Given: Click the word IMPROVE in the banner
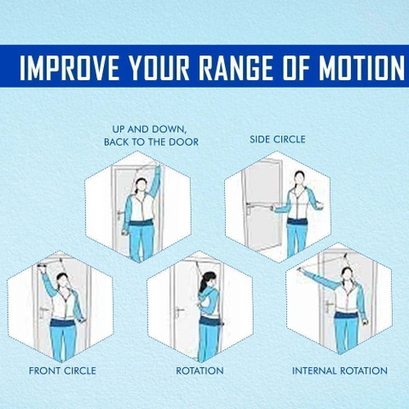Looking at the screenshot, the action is coord(70,67).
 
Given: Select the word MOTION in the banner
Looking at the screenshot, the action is coord(361,67).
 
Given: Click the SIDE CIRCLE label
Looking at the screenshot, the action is coord(278,139).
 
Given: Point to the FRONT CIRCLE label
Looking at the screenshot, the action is coord(62,371).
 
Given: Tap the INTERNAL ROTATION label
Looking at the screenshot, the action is coord(340,371).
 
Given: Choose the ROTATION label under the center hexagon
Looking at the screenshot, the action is coord(199,371).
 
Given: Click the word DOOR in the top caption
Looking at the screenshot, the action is coord(184,141).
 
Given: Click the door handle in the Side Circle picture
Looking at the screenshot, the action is coord(249,207).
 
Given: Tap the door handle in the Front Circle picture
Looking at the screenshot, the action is coord(43,311).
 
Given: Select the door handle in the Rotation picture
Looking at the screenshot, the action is coord(179,311).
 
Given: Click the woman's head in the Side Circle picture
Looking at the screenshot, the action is coord(299,178).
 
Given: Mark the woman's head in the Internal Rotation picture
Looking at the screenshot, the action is coord(347,274).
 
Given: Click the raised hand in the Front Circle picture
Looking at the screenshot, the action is coord(42,268).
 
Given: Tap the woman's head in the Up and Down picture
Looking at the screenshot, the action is coord(141,186).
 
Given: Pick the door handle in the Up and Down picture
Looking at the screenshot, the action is coord(120,213).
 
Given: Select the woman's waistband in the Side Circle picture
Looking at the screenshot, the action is coord(297,222).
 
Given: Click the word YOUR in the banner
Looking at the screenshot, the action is coord(159,67).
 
